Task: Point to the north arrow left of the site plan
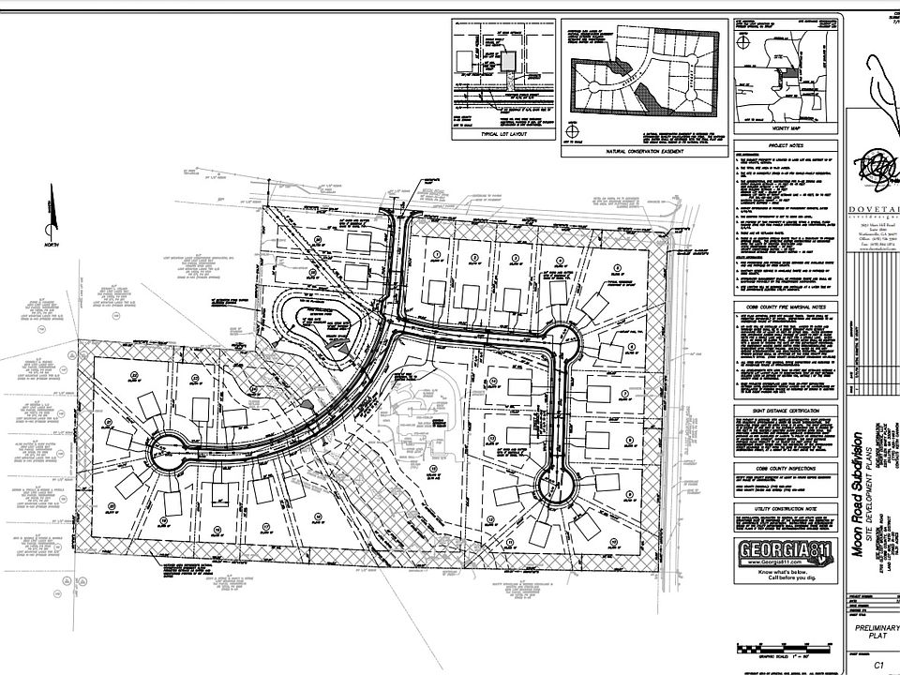click(x=48, y=215)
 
